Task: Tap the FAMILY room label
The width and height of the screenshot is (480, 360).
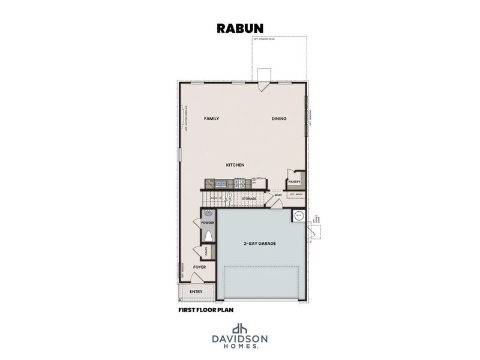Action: (211, 119)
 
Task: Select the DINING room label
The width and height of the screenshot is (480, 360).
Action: (278, 119)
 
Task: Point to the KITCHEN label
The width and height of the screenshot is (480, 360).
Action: (235, 165)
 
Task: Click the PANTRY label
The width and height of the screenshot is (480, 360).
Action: (294, 181)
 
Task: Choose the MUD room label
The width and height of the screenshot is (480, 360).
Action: (278, 195)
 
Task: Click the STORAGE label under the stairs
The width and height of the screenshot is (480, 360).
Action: (249, 198)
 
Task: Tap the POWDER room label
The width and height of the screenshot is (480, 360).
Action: (208, 223)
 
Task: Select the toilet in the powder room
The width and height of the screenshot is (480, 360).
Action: (208, 235)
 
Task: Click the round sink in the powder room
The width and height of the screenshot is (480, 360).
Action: (209, 213)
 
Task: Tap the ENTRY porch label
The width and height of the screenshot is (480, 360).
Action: (196, 292)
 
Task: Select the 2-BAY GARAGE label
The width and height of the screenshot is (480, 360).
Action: (260, 244)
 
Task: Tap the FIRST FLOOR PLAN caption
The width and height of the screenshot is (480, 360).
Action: (206, 310)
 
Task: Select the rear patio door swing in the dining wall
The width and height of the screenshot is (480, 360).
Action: (262, 86)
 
